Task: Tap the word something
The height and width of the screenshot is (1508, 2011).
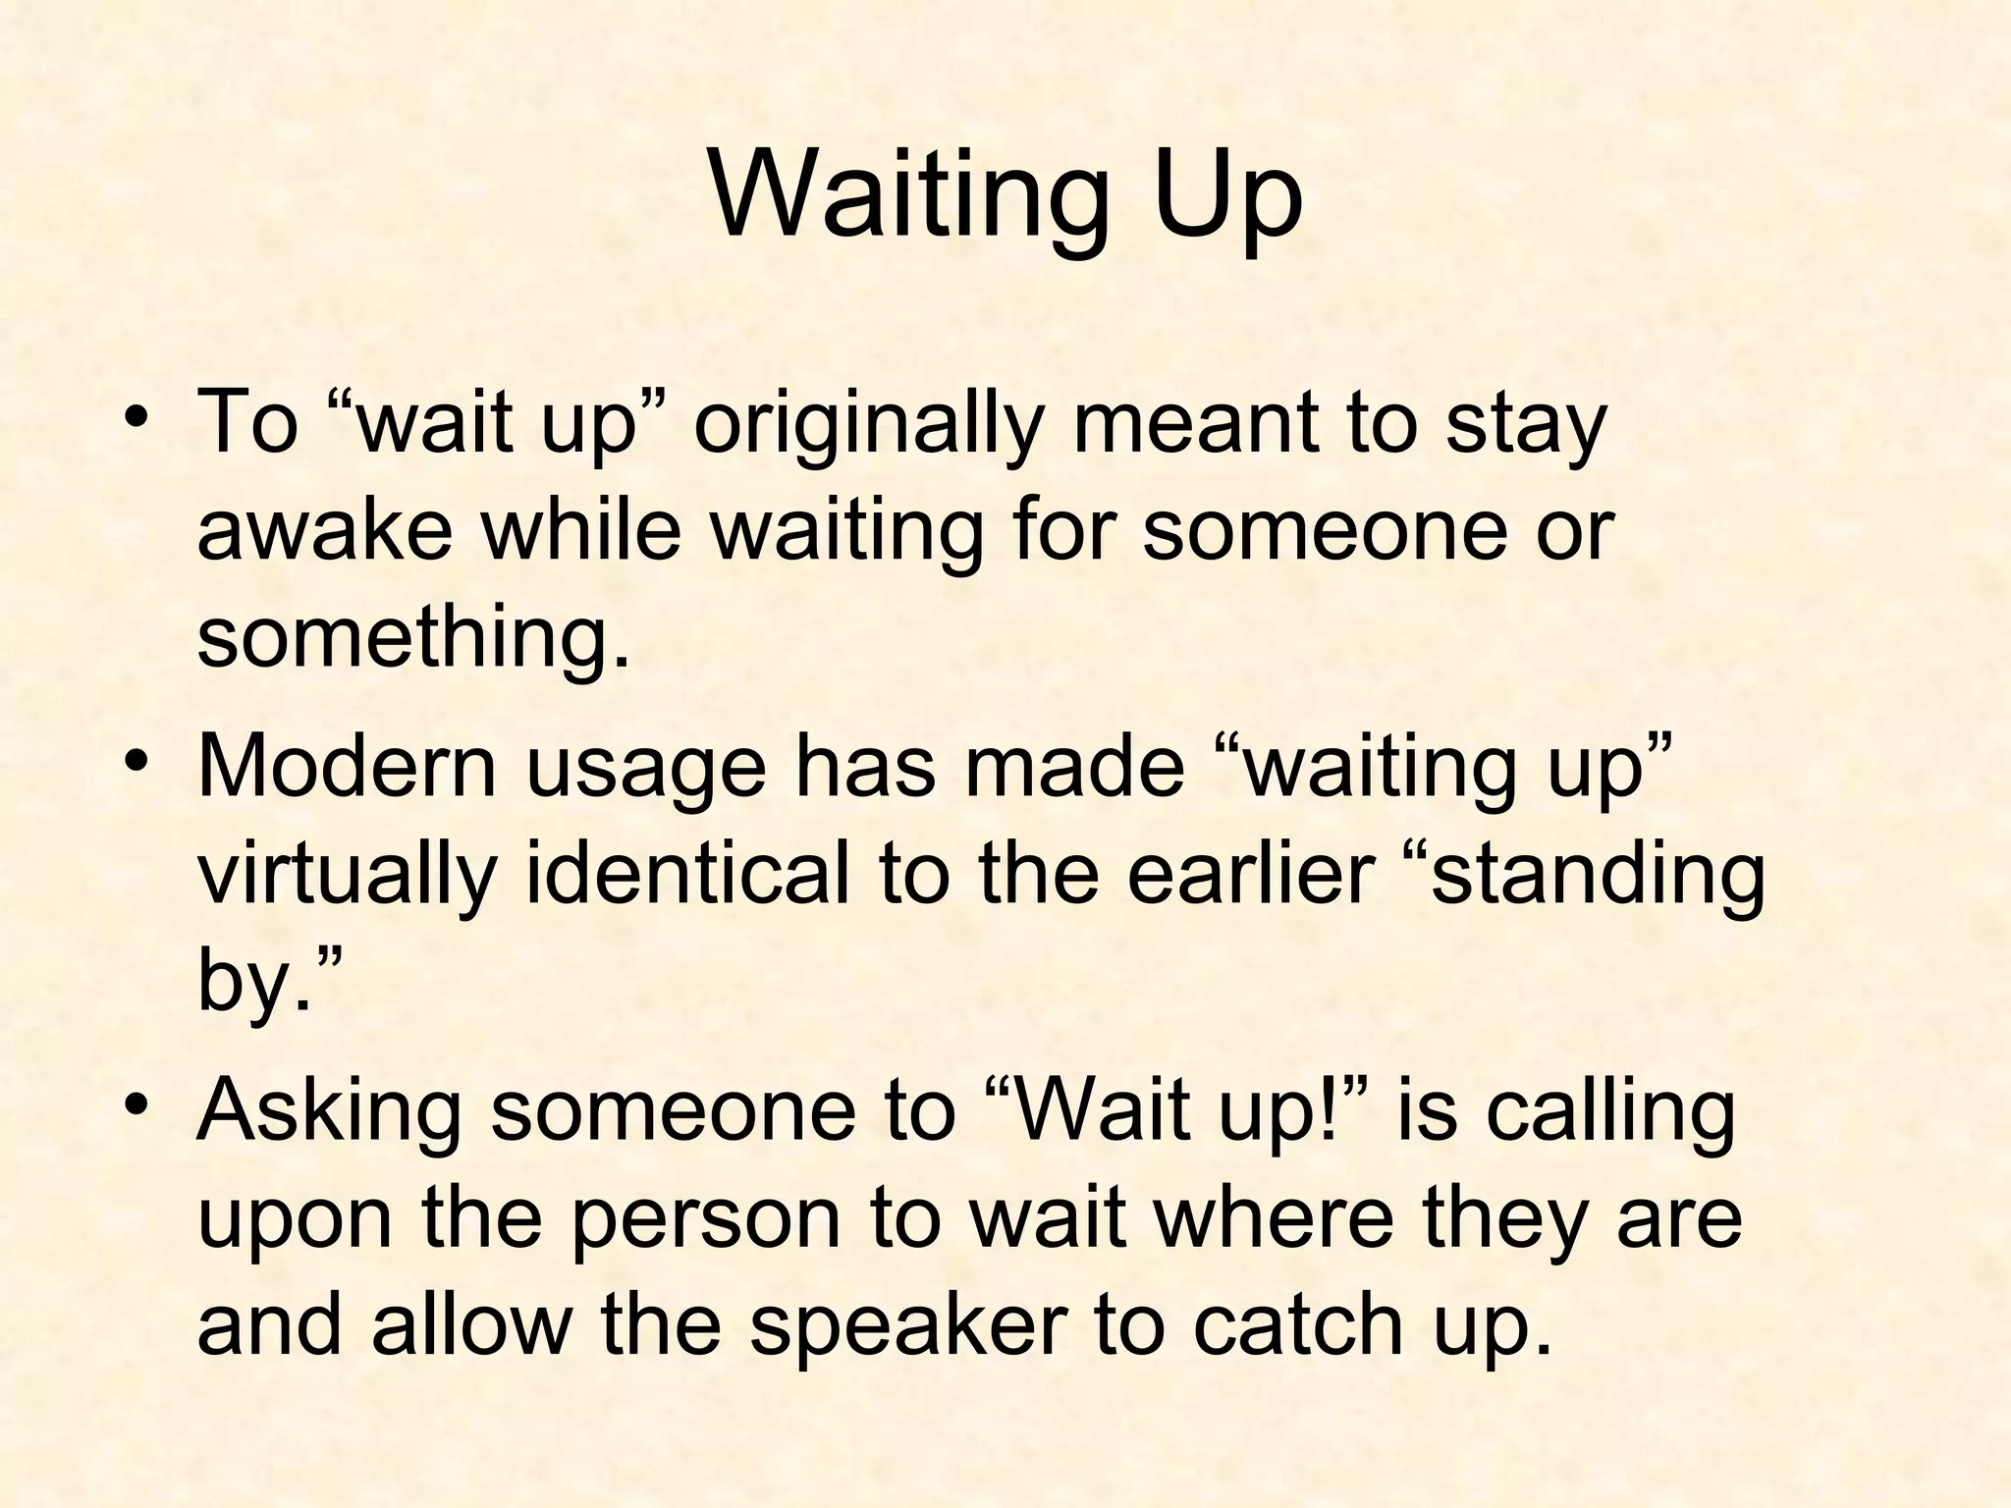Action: click(412, 638)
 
